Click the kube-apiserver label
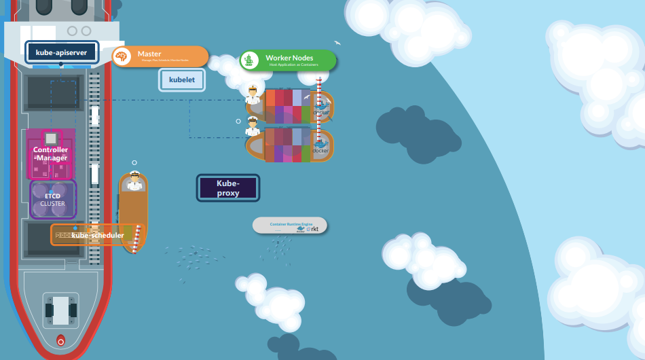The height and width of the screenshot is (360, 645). tap(62, 52)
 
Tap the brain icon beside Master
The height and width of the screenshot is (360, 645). tap(122, 56)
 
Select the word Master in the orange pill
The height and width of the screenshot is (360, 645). tap(149, 54)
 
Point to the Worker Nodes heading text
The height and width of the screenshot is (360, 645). tap(289, 58)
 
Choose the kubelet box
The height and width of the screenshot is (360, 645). tap(182, 80)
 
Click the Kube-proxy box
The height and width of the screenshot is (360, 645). tap(228, 188)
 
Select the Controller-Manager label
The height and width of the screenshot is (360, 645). tap(51, 154)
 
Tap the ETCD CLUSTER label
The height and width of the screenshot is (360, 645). tap(52, 200)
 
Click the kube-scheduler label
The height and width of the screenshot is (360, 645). tap(98, 236)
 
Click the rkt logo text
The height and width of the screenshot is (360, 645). tap(314, 230)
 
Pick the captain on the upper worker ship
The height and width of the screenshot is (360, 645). tap(253, 94)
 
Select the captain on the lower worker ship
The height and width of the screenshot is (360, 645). tap(253, 126)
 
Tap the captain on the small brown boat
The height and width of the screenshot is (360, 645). tap(134, 181)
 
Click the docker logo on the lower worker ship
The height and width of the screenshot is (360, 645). tap(320, 147)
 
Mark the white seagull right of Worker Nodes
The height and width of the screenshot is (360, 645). tap(337, 43)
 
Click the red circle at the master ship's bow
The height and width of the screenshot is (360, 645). tap(60, 341)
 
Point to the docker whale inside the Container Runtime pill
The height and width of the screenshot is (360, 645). tap(301, 230)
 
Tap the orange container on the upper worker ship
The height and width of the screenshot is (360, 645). tap(270, 98)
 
